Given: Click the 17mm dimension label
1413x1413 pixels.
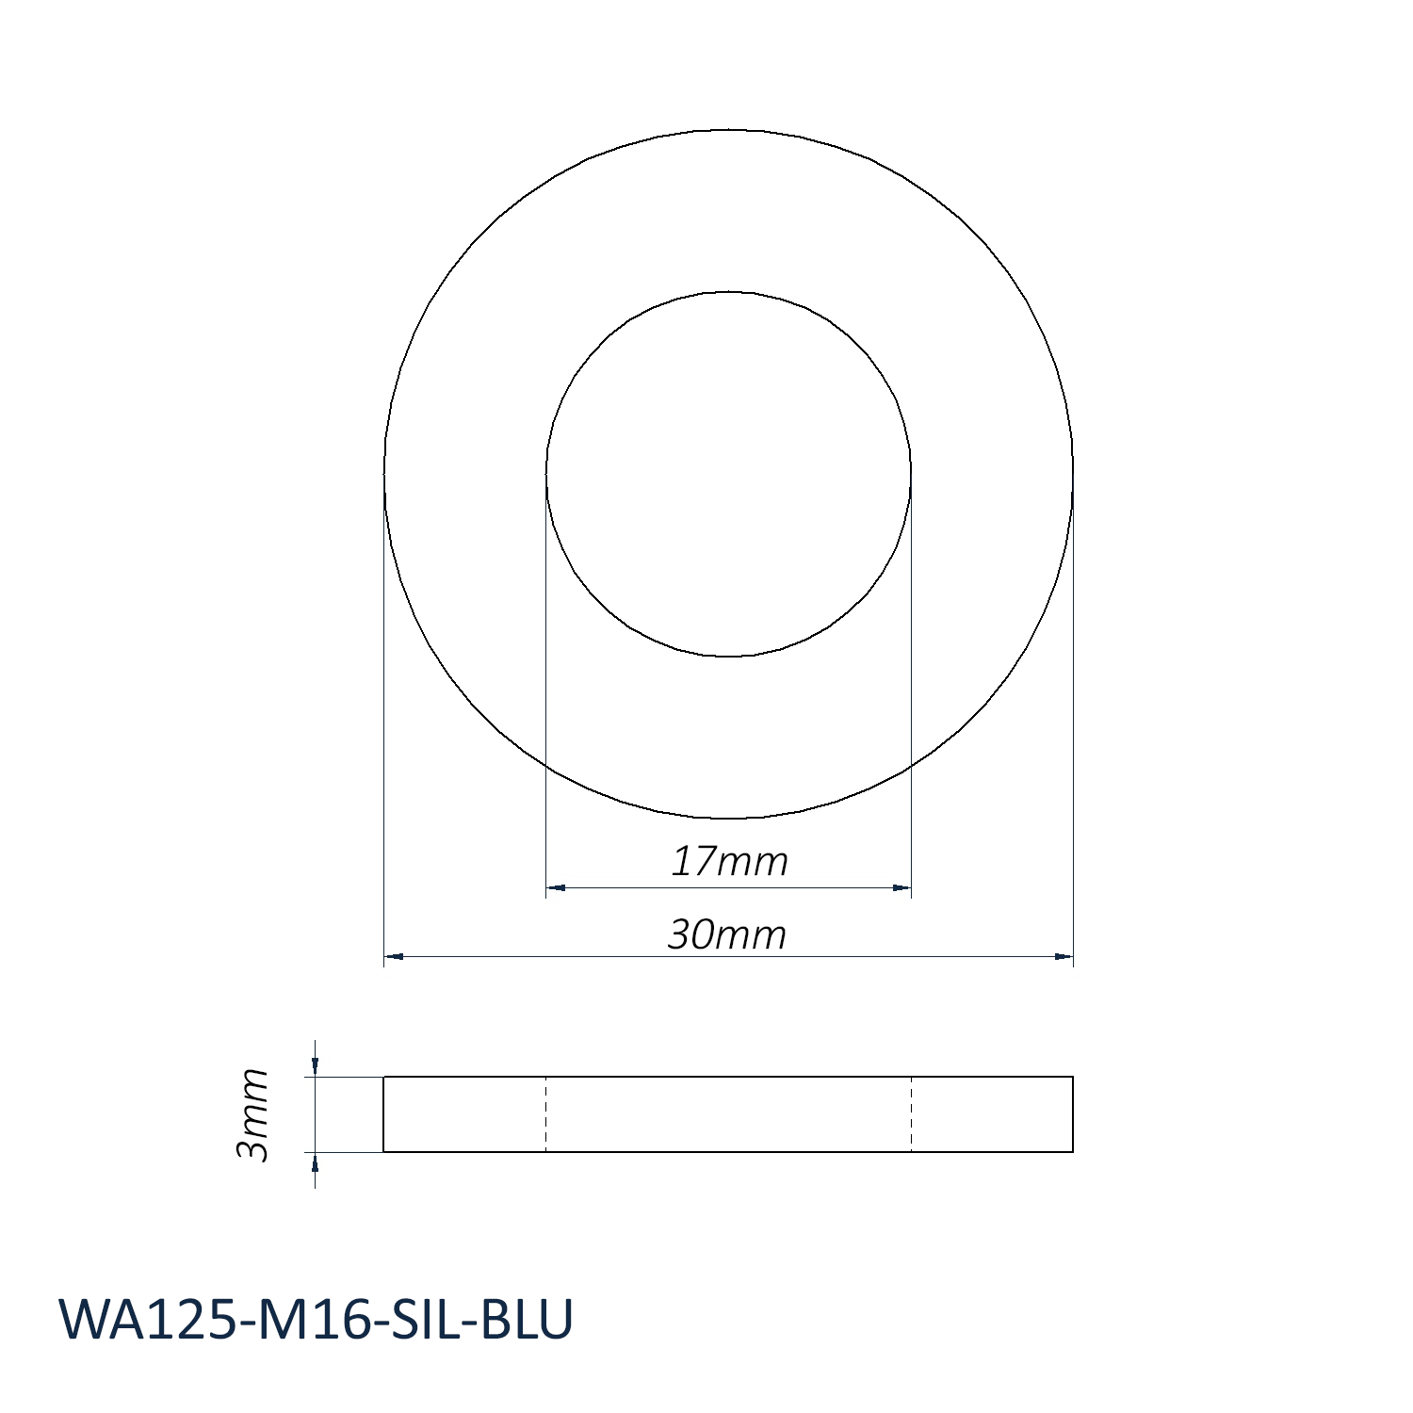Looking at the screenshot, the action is (x=729, y=862).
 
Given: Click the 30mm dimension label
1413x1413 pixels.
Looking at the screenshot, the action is (x=727, y=934).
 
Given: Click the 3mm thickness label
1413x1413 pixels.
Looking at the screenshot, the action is (x=252, y=1114).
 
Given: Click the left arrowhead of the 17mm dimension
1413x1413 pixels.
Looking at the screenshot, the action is (x=555, y=887).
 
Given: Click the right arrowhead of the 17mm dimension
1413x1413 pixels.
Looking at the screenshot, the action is (x=901, y=887).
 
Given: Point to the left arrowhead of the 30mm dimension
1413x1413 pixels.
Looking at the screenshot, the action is (x=394, y=957).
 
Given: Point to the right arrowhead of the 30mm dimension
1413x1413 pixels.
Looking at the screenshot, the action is (x=1064, y=957).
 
